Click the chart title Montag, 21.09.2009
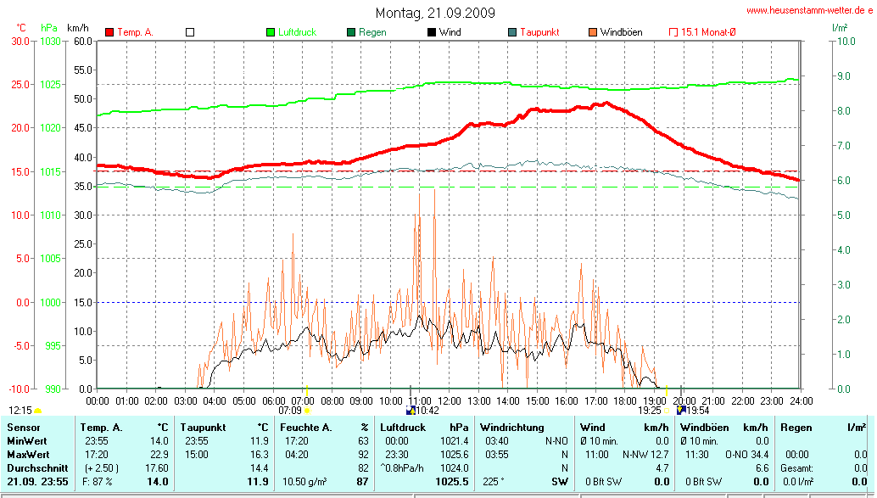click(436, 13)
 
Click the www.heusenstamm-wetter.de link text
click(809, 10)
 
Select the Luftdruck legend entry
click(297, 32)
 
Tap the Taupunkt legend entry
click(539, 32)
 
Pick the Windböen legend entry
click(621, 32)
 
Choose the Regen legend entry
click(372, 32)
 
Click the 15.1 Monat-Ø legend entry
click(708, 32)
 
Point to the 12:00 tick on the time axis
click(449, 400)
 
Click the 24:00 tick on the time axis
click(800, 400)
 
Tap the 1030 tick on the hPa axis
click(51, 41)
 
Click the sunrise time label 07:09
click(290, 410)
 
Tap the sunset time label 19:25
click(649, 410)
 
